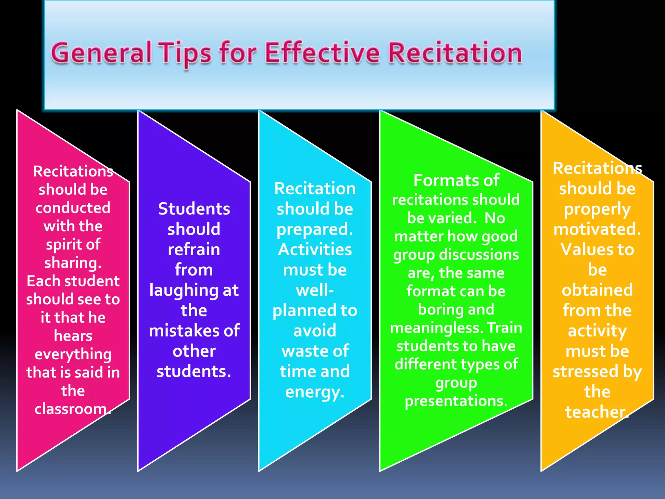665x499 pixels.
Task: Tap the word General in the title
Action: point(101,53)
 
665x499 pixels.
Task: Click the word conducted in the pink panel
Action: point(73,208)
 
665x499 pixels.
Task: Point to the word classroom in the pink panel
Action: point(71,409)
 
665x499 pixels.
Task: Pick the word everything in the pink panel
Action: point(73,354)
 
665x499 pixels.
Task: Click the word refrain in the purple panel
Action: point(194,249)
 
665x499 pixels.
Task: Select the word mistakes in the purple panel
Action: point(183,331)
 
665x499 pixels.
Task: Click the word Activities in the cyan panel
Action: point(315,249)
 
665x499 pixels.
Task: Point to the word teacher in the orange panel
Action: point(595,412)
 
